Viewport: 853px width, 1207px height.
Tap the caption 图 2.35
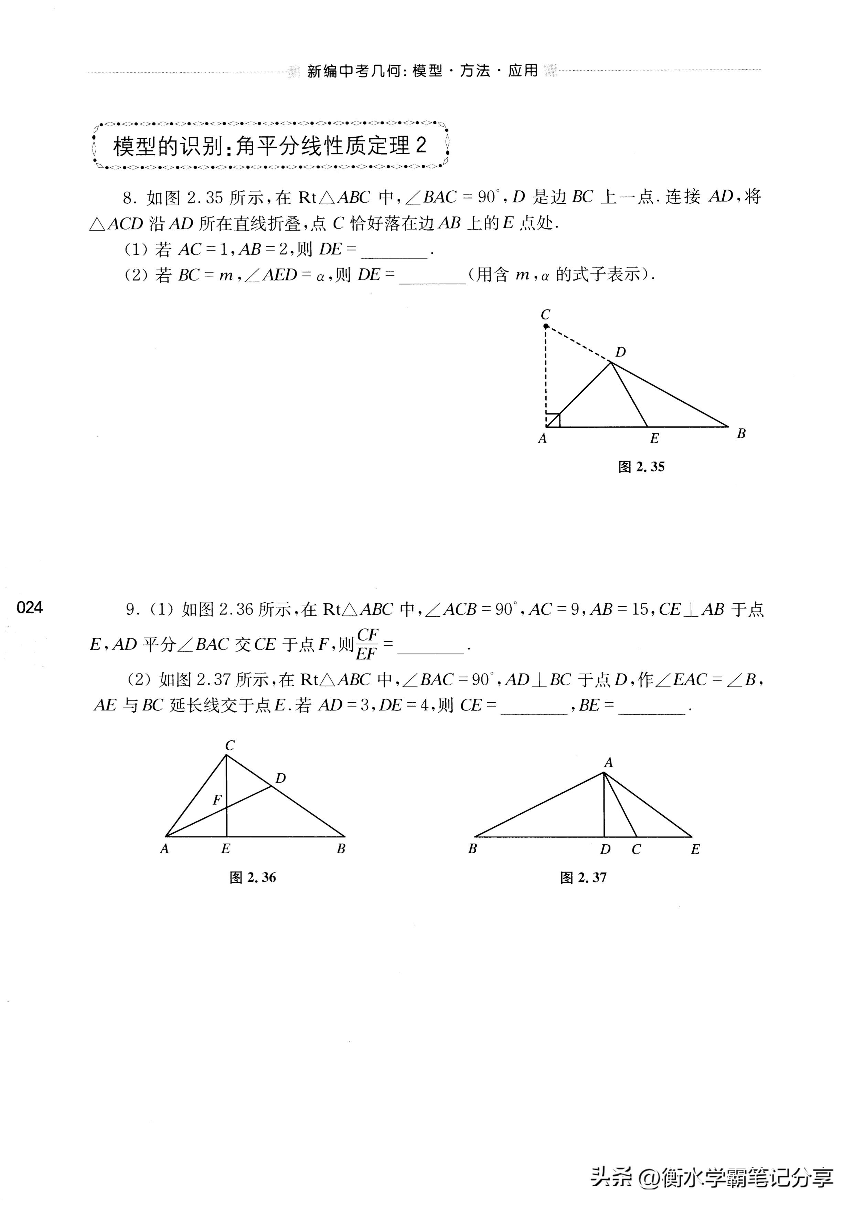(641, 467)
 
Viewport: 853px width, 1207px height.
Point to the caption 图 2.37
(583, 877)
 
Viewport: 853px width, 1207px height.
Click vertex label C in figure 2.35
(545, 314)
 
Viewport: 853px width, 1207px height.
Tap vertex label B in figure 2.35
(741, 434)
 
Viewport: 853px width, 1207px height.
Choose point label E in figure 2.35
(654, 438)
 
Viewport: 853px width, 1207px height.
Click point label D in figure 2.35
(621, 352)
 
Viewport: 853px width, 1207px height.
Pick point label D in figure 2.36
(281, 778)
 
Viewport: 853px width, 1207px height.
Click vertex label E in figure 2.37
(695, 849)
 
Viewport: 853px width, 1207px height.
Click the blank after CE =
(534, 707)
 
